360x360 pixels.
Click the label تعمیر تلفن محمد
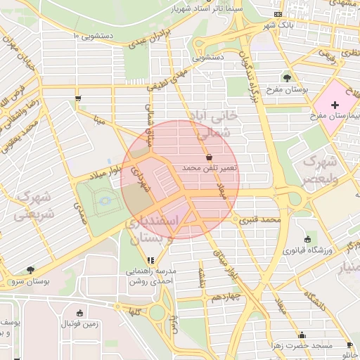pyautogui.click(x=210, y=169)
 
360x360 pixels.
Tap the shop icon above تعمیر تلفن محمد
pyautogui.click(x=209, y=157)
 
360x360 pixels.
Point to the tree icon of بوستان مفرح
pyautogui.click(x=287, y=78)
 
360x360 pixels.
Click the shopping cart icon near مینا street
pyautogui.click(x=77, y=98)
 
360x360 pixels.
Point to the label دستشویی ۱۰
pyautogui.click(x=94, y=34)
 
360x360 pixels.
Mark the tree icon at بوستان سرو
pyautogui.click(x=30, y=269)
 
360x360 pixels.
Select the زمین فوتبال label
pyautogui.click(x=79, y=324)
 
